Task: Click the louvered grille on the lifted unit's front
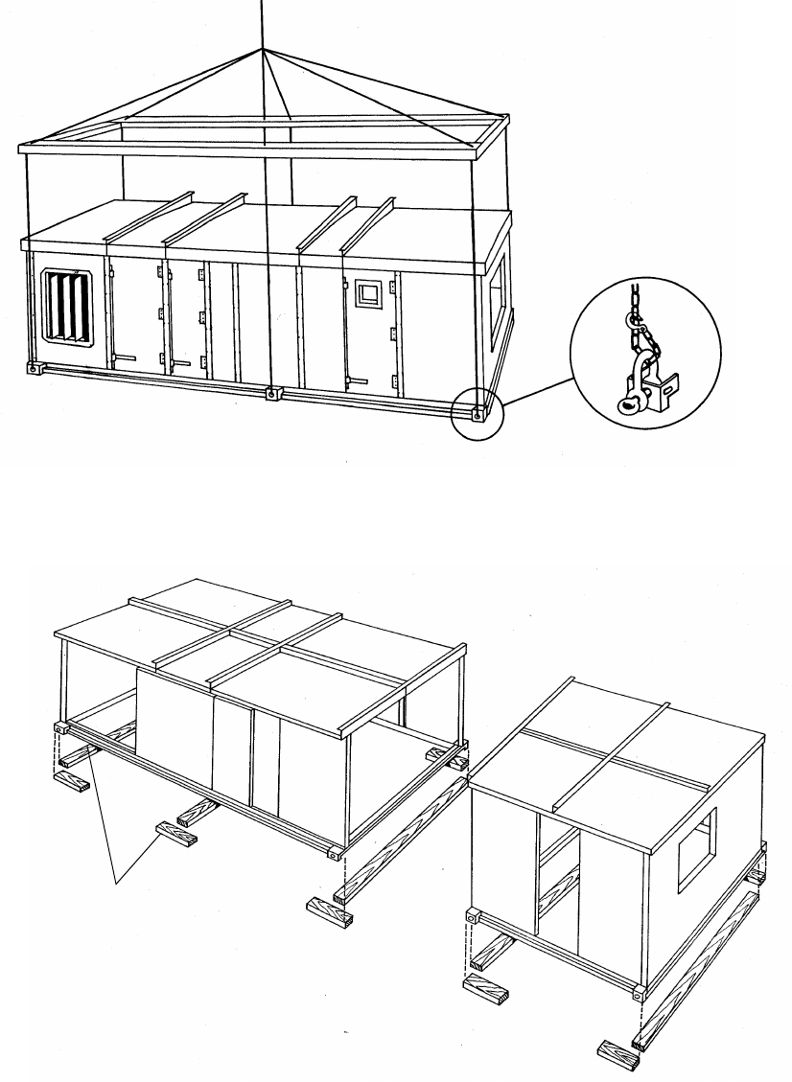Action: [68, 306]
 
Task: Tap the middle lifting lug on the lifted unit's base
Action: [272, 393]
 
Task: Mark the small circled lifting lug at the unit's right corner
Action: [477, 414]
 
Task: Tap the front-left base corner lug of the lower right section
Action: [473, 918]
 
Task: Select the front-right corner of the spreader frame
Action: [476, 147]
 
